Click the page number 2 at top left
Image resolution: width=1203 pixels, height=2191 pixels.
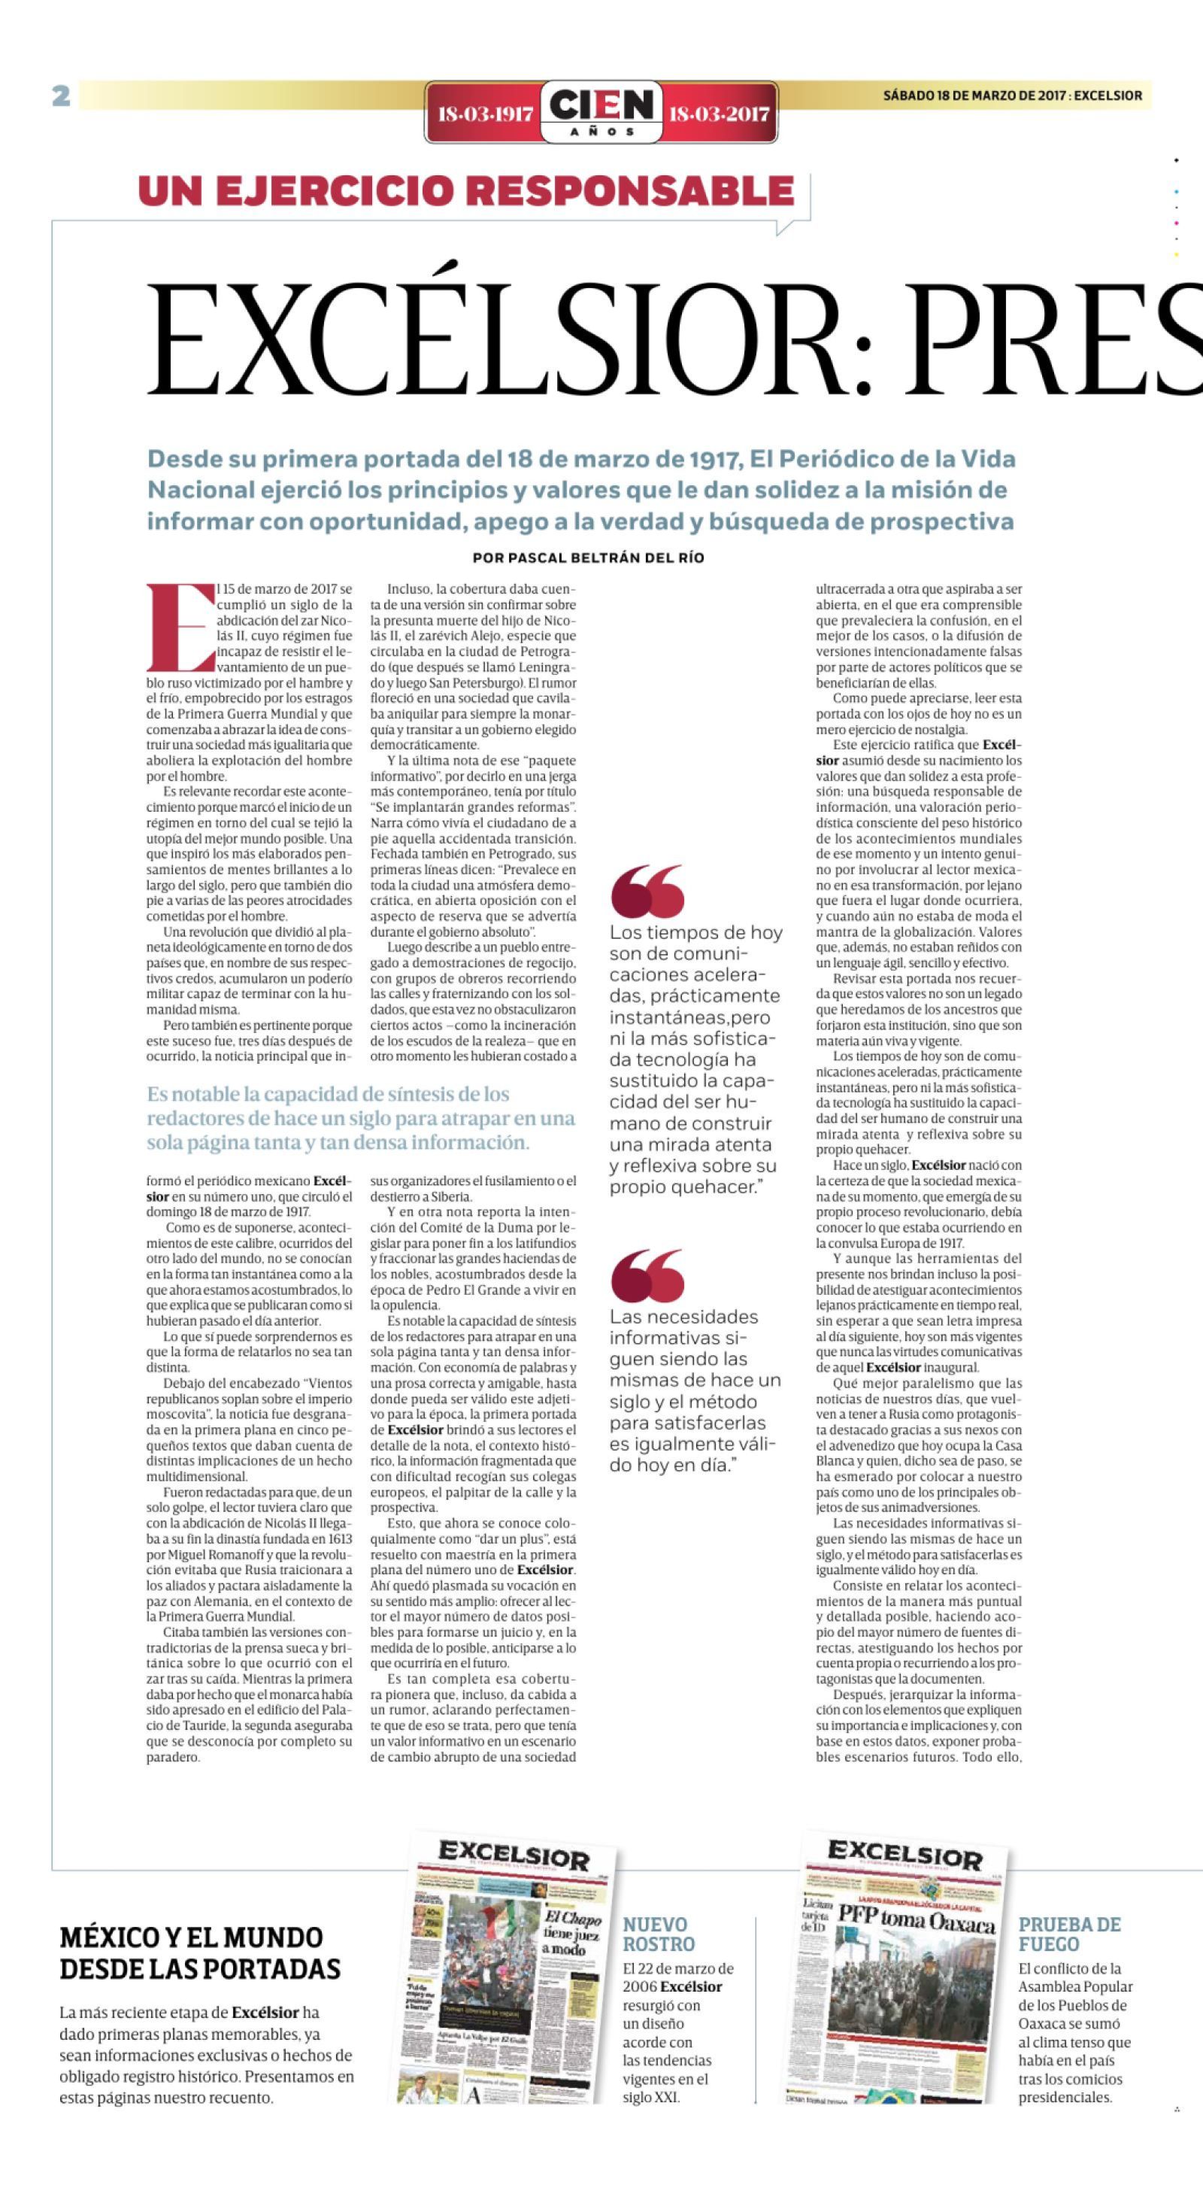pos(61,96)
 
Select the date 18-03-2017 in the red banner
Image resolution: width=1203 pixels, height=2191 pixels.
pos(720,114)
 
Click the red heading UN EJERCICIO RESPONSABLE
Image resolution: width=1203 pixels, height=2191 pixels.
pos(466,190)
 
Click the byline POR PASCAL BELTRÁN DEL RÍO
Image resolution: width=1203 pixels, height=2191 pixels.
pos(588,558)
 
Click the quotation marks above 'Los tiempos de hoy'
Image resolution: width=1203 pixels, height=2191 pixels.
pos(647,891)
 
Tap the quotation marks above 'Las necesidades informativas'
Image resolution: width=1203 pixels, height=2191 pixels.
pos(647,1275)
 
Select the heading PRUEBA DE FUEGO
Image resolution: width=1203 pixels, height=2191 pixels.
pos(1069,1934)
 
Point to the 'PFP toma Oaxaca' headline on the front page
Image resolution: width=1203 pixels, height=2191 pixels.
pos(915,1918)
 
